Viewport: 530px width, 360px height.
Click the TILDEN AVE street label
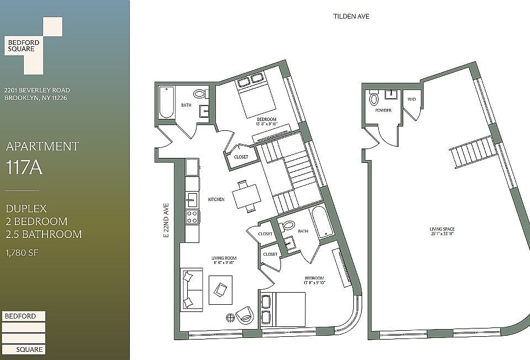click(x=351, y=17)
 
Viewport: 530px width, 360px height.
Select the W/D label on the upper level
click(x=411, y=99)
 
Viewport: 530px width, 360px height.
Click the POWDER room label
click(x=383, y=110)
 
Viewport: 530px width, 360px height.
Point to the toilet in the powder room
click(x=374, y=99)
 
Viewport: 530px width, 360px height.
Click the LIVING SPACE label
click(x=446, y=231)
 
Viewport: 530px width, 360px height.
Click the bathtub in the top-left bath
click(x=166, y=103)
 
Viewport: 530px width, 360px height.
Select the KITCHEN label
click(x=216, y=199)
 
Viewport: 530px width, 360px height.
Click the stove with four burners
click(x=192, y=216)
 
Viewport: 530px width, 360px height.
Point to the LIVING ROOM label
click(x=224, y=260)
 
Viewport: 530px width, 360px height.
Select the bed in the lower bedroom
click(x=283, y=309)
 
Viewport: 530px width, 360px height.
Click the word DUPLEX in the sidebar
click(x=26, y=209)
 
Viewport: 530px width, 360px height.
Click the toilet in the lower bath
click(x=288, y=226)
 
